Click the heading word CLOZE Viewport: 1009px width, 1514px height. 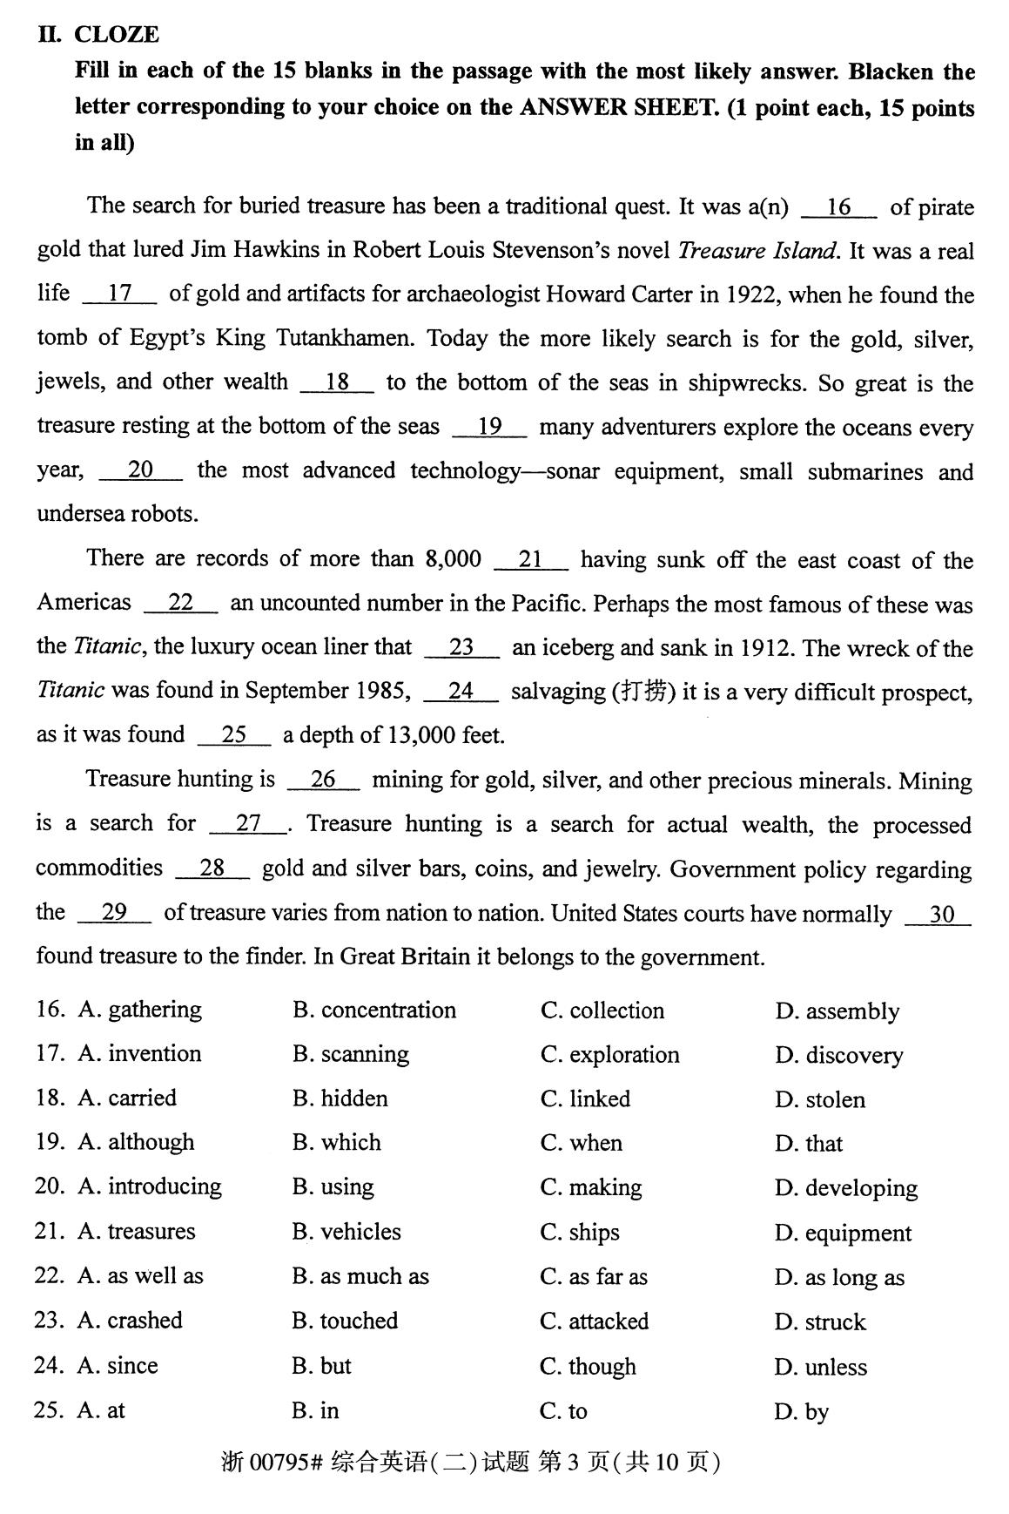click(x=117, y=35)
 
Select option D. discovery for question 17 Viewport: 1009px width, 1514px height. click(x=838, y=1055)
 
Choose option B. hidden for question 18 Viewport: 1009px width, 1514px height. click(x=340, y=1098)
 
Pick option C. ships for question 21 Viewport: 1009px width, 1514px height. click(x=580, y=1232)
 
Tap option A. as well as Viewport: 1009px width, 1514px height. click(x=140, y=1276)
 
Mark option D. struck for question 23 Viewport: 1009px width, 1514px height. click(x=820, y=1321)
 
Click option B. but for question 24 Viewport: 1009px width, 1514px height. click(x=321, y=1365)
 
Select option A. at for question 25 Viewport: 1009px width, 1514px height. click(x=101, y=1410)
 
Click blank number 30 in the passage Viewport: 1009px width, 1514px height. click(x=941, y=915)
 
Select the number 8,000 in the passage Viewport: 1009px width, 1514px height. click(x=453, y=559)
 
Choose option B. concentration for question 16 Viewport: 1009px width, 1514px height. click(x=374, y=1010)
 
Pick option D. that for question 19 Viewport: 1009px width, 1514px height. click(x=809, y=1143)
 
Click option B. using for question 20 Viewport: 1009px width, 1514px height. click(x=333, y=1187)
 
